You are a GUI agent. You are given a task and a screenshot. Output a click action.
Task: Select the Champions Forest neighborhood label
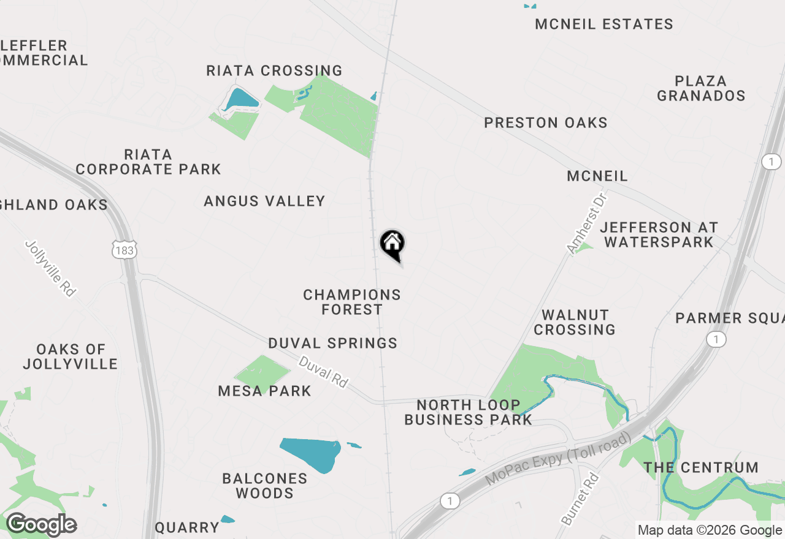[352, 302]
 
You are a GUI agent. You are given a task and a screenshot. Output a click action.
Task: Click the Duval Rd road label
[323, 372]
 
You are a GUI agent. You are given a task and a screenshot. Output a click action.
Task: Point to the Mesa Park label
[264, 391]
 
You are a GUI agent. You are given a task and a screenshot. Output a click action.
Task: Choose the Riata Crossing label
[274, 70]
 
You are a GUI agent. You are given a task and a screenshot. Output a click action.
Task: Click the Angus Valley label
[264, 201]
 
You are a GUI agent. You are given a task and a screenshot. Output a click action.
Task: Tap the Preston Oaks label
[546, 123]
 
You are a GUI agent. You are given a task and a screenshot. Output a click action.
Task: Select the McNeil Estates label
[604, 24]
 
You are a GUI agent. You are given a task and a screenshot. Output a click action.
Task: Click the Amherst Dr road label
[586, 223]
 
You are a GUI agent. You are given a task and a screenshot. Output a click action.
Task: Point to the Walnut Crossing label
[575, 322]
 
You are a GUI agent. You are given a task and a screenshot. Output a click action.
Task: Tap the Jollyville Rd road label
[51, 268]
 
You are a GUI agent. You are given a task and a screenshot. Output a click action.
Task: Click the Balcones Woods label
[265, 486]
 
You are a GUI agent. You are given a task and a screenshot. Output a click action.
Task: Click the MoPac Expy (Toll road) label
[558, 459]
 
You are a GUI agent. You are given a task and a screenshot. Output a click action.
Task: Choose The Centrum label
[701, 468]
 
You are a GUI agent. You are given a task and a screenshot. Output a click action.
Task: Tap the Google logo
[41, 525]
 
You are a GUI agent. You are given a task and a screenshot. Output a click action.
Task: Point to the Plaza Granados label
[701, 88]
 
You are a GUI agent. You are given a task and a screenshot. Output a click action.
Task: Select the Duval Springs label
[333, 343]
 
